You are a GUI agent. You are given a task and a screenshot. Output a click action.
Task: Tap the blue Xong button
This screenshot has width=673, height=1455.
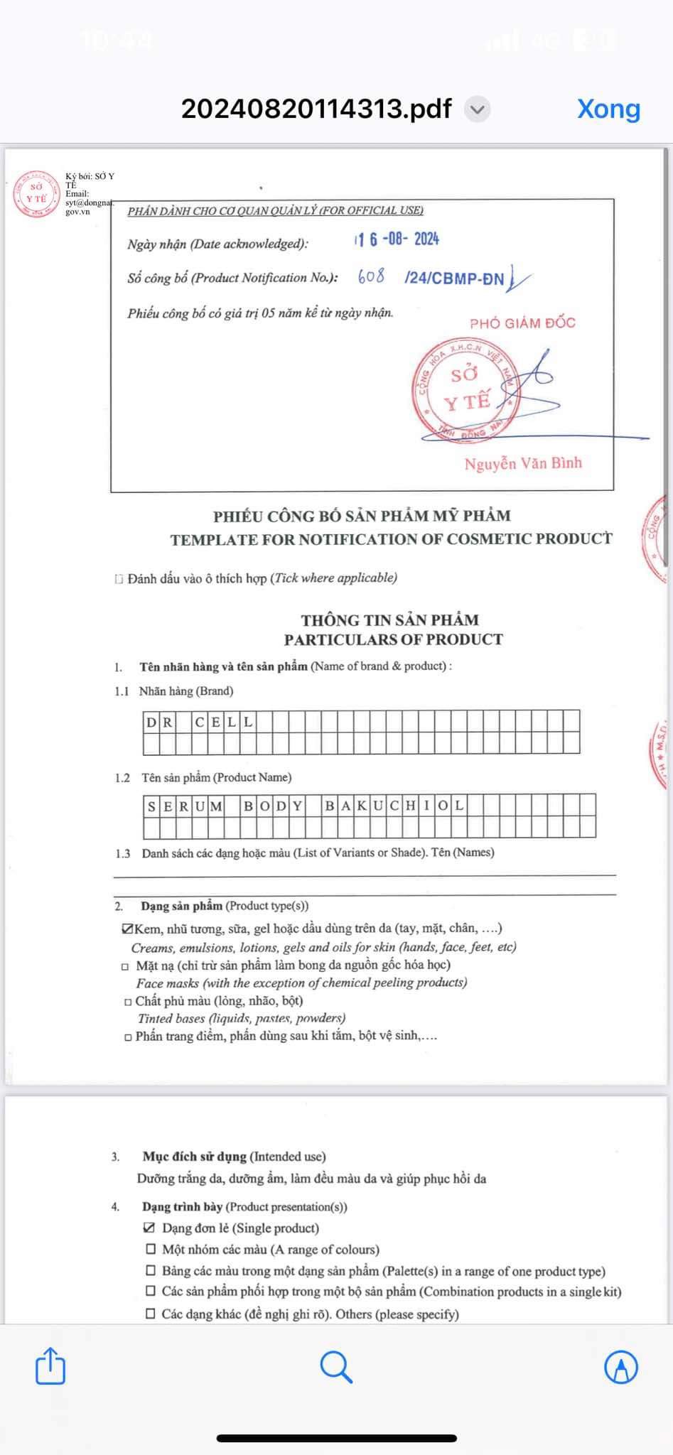click(x=608, y=109)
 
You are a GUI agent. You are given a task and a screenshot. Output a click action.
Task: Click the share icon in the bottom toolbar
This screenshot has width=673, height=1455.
click(x=50, y=1366)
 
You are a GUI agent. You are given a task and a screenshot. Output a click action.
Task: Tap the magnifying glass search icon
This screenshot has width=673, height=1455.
click(x=336, y=1366)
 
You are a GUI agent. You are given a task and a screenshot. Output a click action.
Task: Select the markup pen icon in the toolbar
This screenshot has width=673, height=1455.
click(x=621, y=1366)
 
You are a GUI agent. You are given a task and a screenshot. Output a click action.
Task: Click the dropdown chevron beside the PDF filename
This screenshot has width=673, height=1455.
click(x=478, y=109)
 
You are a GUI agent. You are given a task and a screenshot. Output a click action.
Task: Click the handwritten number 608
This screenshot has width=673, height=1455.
click(x=371, y=276)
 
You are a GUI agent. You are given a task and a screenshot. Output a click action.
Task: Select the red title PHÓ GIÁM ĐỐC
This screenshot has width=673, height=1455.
click(x=522, y=323)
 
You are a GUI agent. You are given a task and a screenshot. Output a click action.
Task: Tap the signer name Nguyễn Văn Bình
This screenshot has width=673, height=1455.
click(x=523, y=463)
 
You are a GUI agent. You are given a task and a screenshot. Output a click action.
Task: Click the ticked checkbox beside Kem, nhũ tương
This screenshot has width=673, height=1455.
click(x=128, y=929)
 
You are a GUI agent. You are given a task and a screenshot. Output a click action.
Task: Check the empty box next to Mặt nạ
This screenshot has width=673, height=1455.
click(x=126, y=966)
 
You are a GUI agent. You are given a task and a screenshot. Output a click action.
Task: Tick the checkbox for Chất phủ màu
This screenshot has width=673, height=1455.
click(x=128, y=1002)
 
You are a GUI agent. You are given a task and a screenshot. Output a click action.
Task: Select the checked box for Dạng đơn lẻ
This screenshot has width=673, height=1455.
click(x=150, y=1228)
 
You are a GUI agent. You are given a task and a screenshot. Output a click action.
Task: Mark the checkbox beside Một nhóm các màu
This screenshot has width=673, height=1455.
click(x=151, y=1249)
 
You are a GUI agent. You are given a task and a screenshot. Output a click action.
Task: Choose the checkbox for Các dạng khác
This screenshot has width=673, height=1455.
click(x=151, y=1314)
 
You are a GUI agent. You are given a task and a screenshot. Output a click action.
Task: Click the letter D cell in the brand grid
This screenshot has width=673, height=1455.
click(x=151, y=723)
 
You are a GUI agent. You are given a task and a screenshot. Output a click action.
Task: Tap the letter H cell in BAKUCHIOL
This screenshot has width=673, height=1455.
click(x=411, y=806)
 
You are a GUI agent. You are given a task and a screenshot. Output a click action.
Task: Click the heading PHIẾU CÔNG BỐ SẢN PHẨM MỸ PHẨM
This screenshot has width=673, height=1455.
click(x=362, y=516)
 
